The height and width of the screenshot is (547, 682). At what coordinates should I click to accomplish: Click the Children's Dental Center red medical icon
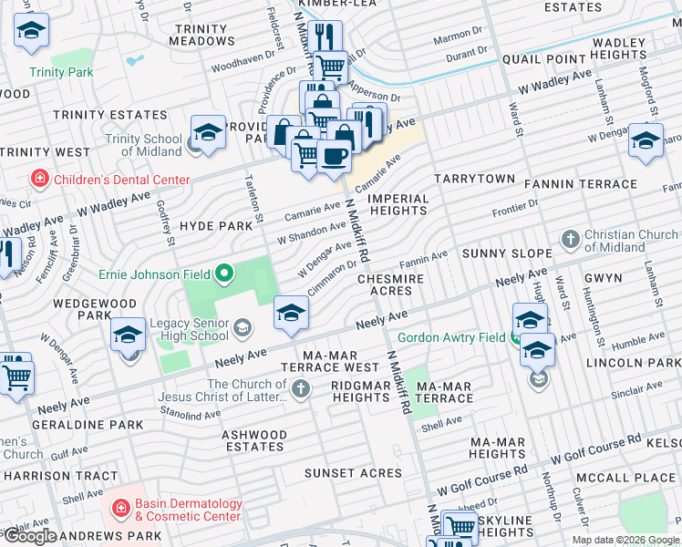pyautogui.click(x=39, y=180)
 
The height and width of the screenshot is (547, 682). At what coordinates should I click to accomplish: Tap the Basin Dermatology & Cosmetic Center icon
pyautogui.click(x=119, y=508)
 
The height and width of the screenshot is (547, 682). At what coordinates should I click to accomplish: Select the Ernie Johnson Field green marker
pyautogui.click(x=223, y=273)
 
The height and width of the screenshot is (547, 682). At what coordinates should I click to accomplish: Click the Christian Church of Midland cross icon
pyautogui.click(x=571, y=241)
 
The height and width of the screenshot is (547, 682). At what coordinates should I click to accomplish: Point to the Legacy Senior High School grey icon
pyautogui.click(x=242, y=327)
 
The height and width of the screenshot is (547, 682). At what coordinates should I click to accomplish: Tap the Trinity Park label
pyautogui.click(x=61, y=72)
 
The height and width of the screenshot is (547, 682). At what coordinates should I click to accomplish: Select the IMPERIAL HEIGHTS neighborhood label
pyautogui.click(x=398, y=204)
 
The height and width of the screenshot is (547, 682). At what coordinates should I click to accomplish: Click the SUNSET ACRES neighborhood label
pyautogui.click(x=353, y=473)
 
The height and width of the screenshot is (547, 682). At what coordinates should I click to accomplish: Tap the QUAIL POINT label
pyautogui.click(x=543, y=59)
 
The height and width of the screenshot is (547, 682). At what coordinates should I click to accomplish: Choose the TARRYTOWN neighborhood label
pyautogui.click(x=474, y=180)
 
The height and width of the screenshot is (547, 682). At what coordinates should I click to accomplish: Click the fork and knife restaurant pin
pyautogui.click(x=325, y=36)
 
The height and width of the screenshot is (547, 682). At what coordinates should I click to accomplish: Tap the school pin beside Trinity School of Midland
pyautogui.click(x=208, y=132)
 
